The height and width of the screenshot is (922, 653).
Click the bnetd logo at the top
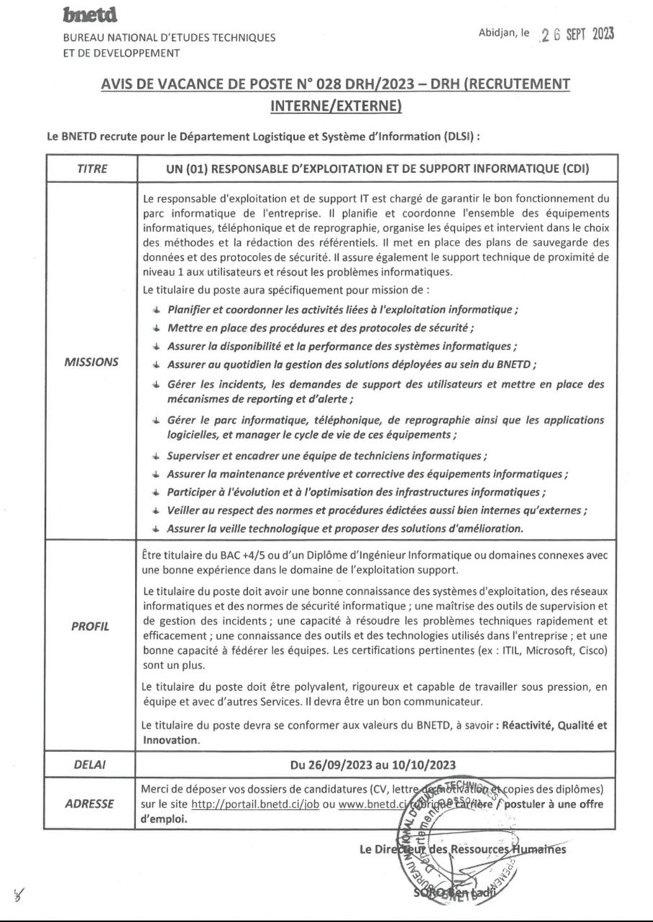pyautogui.click(x=89, y=14)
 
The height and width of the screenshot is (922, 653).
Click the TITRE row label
pyautogui.click(x=92, y=169)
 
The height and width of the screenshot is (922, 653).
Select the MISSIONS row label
pyautogui.click(x=92, y=362)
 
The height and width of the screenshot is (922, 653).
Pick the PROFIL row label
pyautogui.click(x=91, y=626)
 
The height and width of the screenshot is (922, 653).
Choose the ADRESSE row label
pyautogui.click(x=91, y=803)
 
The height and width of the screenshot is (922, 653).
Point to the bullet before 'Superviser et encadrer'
pyautogui.click(x=156, y=456)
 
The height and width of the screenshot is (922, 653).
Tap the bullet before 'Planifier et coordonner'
pyautogui.click(x=156, y=309)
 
